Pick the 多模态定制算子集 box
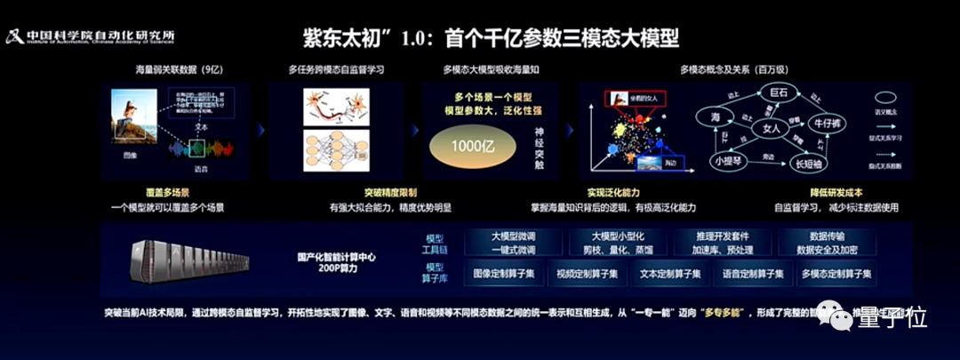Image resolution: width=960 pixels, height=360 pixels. [836, 274]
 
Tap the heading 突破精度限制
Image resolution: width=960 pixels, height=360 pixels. [388, 193]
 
